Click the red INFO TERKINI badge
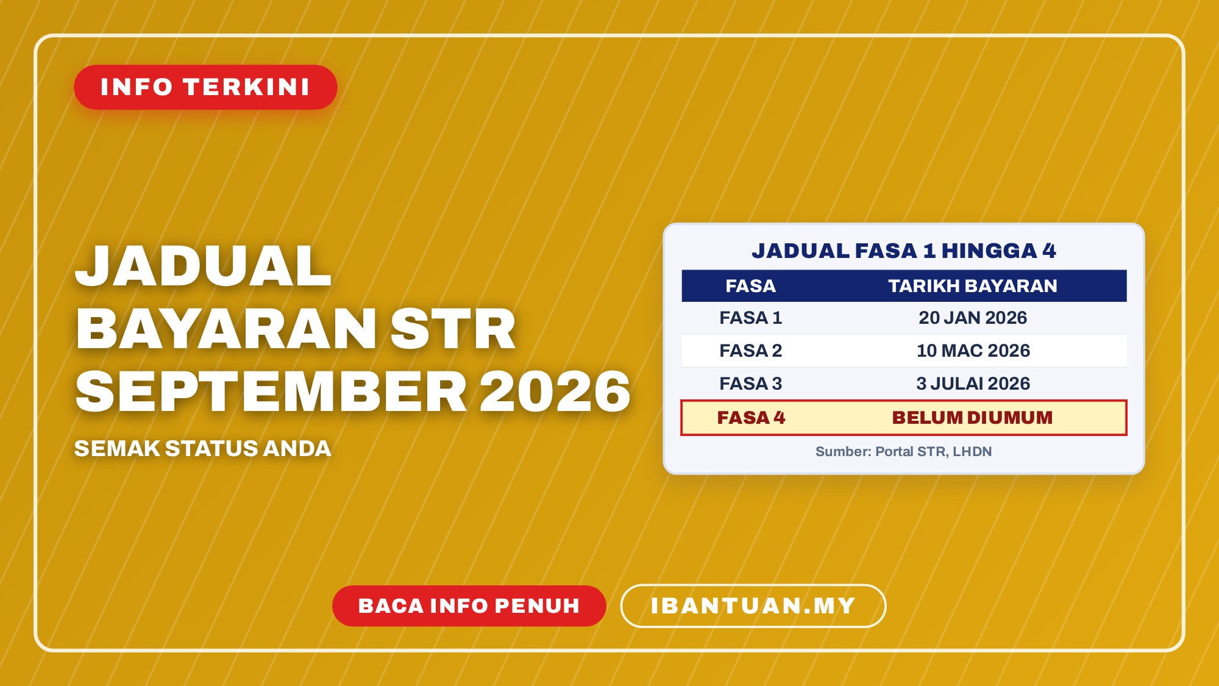(205, 87)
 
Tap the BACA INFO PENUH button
(469, 606)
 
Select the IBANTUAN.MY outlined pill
(753, 606)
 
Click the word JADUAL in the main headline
(203, 266)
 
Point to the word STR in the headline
(453, 329)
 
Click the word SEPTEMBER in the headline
(271, 391)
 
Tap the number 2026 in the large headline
(555, 391)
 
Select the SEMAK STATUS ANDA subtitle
(202, 449)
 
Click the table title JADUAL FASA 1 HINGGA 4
(903, 251)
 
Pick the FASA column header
(750, 286)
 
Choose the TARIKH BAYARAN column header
(973, 286)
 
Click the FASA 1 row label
(750, 318)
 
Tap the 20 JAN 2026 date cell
(973, 318)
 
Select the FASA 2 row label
(750, 351)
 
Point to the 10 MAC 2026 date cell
(973, 351)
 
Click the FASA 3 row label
(750, 384)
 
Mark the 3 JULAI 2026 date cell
(973, 384)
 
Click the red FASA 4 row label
(751, 418)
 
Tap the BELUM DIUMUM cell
(972, 418)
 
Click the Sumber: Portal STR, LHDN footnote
(903, 452)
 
